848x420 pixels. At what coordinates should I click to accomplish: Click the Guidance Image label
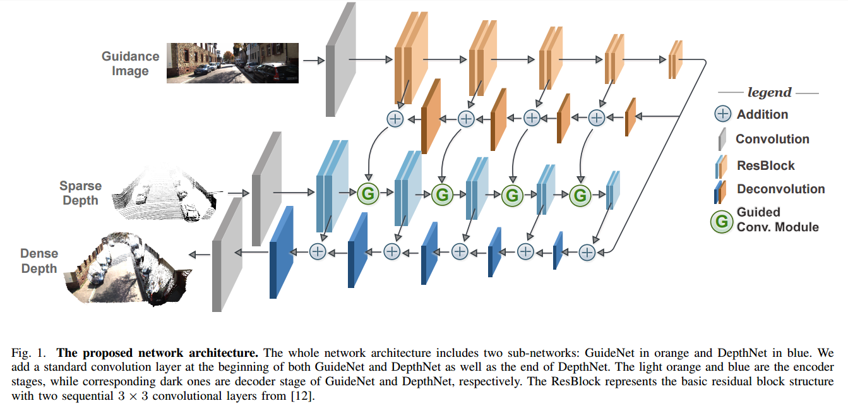[x=130, y=63]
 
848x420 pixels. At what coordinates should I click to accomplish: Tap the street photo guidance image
[x=232, y=63]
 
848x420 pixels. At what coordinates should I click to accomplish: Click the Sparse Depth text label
[x=80, y=193]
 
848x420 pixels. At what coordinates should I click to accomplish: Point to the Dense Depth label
[x=39, y=261]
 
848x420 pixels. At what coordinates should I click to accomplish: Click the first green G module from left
[x=367, y=194]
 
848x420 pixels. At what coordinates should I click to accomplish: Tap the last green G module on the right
[x=579, y=196]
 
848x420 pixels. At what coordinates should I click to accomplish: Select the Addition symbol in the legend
[x=722, y=114]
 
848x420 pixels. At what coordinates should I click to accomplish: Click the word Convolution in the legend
[x=772, y=139]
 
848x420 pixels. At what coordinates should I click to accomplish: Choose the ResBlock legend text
[x=765, y=165]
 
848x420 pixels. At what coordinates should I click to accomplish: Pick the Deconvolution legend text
[x=780, y=189]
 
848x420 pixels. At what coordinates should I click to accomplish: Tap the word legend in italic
[x=769, y=92]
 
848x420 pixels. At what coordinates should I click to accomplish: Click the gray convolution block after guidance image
[x=340, y=60]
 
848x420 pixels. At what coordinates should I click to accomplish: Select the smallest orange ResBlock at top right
[x=675, y=59]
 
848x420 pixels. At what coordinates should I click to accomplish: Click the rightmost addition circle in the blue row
[x=587, y=252]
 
